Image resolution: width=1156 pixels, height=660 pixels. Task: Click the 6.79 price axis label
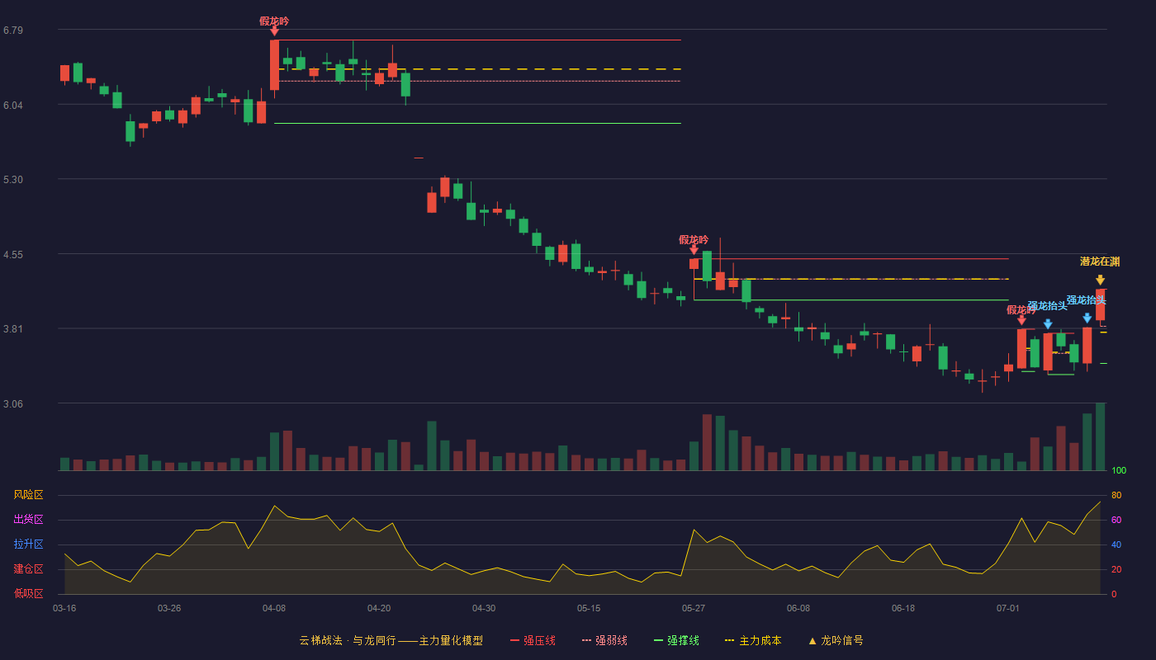[13, 31]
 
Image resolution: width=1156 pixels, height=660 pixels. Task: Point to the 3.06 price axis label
[13, 403]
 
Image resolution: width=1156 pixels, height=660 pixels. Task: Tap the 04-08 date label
[274, 609]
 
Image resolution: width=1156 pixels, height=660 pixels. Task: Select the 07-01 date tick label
[1008, 609]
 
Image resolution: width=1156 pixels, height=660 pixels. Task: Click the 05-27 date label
[693, 609]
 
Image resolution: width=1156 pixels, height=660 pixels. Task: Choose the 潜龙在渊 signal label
[1100, 262]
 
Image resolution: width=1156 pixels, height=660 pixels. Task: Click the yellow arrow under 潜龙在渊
[1100, 280]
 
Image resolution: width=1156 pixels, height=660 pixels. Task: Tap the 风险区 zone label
[28, 494]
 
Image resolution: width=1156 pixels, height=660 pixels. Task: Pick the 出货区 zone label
[28, 519]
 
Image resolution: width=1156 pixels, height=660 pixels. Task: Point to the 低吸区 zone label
[28, 593]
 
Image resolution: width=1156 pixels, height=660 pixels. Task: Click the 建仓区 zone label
[28, 568]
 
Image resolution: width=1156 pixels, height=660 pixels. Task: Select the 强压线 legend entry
[533, 640]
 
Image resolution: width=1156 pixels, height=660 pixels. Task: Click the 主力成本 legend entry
[753, 640]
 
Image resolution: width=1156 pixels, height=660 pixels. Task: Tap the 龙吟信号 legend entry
[836, 640]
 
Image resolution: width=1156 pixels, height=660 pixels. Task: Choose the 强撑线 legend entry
[676, 640]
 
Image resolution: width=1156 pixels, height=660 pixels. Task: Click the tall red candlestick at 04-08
[274, 65]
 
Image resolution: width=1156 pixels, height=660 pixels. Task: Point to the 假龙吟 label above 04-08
[274, 21]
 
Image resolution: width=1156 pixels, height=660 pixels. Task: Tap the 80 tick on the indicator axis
[1116, 495]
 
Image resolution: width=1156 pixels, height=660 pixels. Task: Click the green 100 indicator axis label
[1119, 470]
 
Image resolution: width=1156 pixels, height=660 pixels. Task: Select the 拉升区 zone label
[28, 544]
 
